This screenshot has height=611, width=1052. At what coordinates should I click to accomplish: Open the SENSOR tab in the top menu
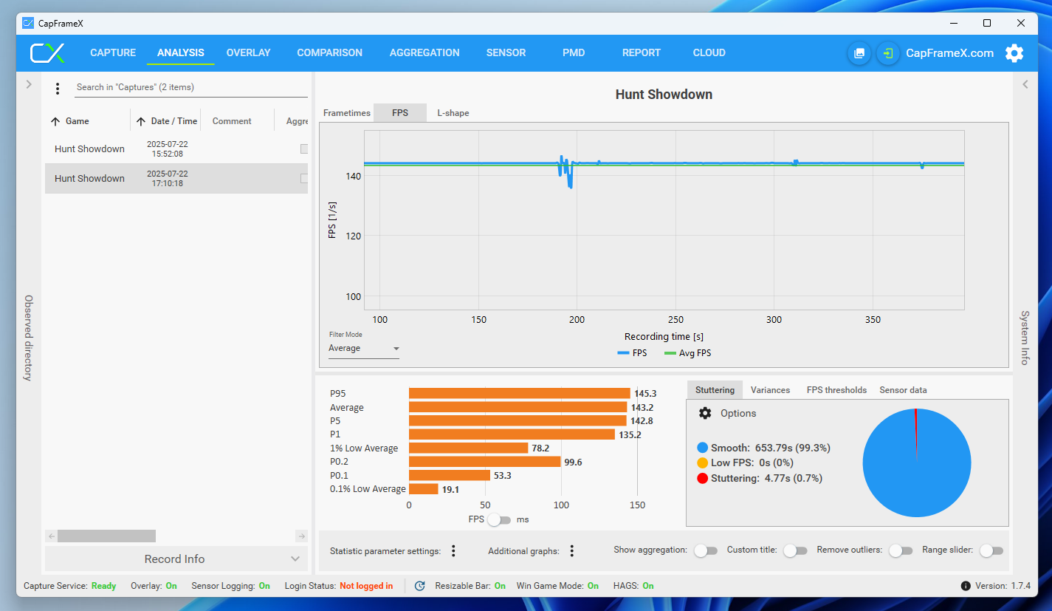pyautogui.click(x=506, y=52)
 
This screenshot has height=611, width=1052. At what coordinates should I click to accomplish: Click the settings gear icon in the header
pyautogui.click(x=1014, y=53)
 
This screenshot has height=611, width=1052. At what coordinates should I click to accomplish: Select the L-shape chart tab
pyautogui.click(x=453, y=113)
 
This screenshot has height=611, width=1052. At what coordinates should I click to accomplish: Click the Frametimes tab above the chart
pyautogui.click(x=346, y=113)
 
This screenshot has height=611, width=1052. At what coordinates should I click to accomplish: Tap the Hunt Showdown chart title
pyautogui.click(x=664, y=95)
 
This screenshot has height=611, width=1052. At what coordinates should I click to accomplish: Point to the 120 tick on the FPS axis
pyautogui.click(x=353, y=236)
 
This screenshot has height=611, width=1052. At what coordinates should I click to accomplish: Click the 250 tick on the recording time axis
pyautogui.click(x=675, y=320)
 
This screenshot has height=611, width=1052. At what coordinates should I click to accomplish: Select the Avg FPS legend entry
pyautogui.click(x=687, y=353)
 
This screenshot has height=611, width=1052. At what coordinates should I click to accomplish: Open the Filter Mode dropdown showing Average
pyautogui.click(x=363, y=348)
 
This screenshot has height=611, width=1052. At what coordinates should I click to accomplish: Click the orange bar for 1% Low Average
pyautogui.click(x=468, y=448)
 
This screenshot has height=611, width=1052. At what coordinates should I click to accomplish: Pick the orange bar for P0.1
pyautogui.click(x=450, y=475)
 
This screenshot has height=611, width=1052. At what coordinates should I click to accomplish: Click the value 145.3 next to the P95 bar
pyautogui.click(x=645, y=393)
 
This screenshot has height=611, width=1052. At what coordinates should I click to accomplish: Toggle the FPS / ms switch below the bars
pyautogui.click(x=499, y=520)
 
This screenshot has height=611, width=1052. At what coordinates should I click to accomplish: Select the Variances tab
pyautogui.click(x=770, y=390)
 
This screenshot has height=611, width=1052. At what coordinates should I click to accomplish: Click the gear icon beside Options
pyautogui.click(x=705, y=413)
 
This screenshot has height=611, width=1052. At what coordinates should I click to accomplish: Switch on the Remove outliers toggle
pyautogui.click(x=901, y=550)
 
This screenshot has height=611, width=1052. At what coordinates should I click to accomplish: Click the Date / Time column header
pyautogui.click(x=173, y=121)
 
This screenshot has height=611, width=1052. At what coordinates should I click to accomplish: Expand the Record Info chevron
pyautogui.click(x=295, y=559)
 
